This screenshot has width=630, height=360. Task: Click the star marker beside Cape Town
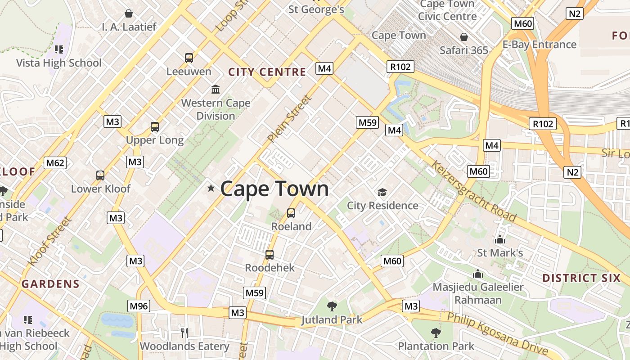point(211,188)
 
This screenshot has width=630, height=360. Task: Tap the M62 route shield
point(55,163)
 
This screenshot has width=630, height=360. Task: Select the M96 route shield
point(138,306)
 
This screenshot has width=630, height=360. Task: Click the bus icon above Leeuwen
point(189,58)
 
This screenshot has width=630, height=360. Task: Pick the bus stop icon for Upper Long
point(155,127)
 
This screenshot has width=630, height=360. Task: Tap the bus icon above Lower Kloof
point(100,175)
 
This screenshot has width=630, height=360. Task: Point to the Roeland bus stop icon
point(291,213)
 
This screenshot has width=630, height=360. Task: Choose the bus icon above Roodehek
point(270,255)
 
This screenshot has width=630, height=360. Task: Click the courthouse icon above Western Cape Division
point(216,89)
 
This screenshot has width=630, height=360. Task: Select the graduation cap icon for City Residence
point(382,193)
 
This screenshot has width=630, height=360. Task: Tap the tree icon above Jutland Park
point(332,306)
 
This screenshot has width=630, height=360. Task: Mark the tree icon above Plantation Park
point(436,333)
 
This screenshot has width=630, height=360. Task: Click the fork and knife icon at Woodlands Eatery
point(184,333)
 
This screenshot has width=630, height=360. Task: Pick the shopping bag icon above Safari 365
point(463,37)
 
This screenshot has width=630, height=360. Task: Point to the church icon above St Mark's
point(499,239)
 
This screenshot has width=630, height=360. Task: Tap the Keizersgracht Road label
point(474,191)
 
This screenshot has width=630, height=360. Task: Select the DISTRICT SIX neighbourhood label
point(581,278)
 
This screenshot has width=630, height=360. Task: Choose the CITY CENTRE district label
point(267,72)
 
